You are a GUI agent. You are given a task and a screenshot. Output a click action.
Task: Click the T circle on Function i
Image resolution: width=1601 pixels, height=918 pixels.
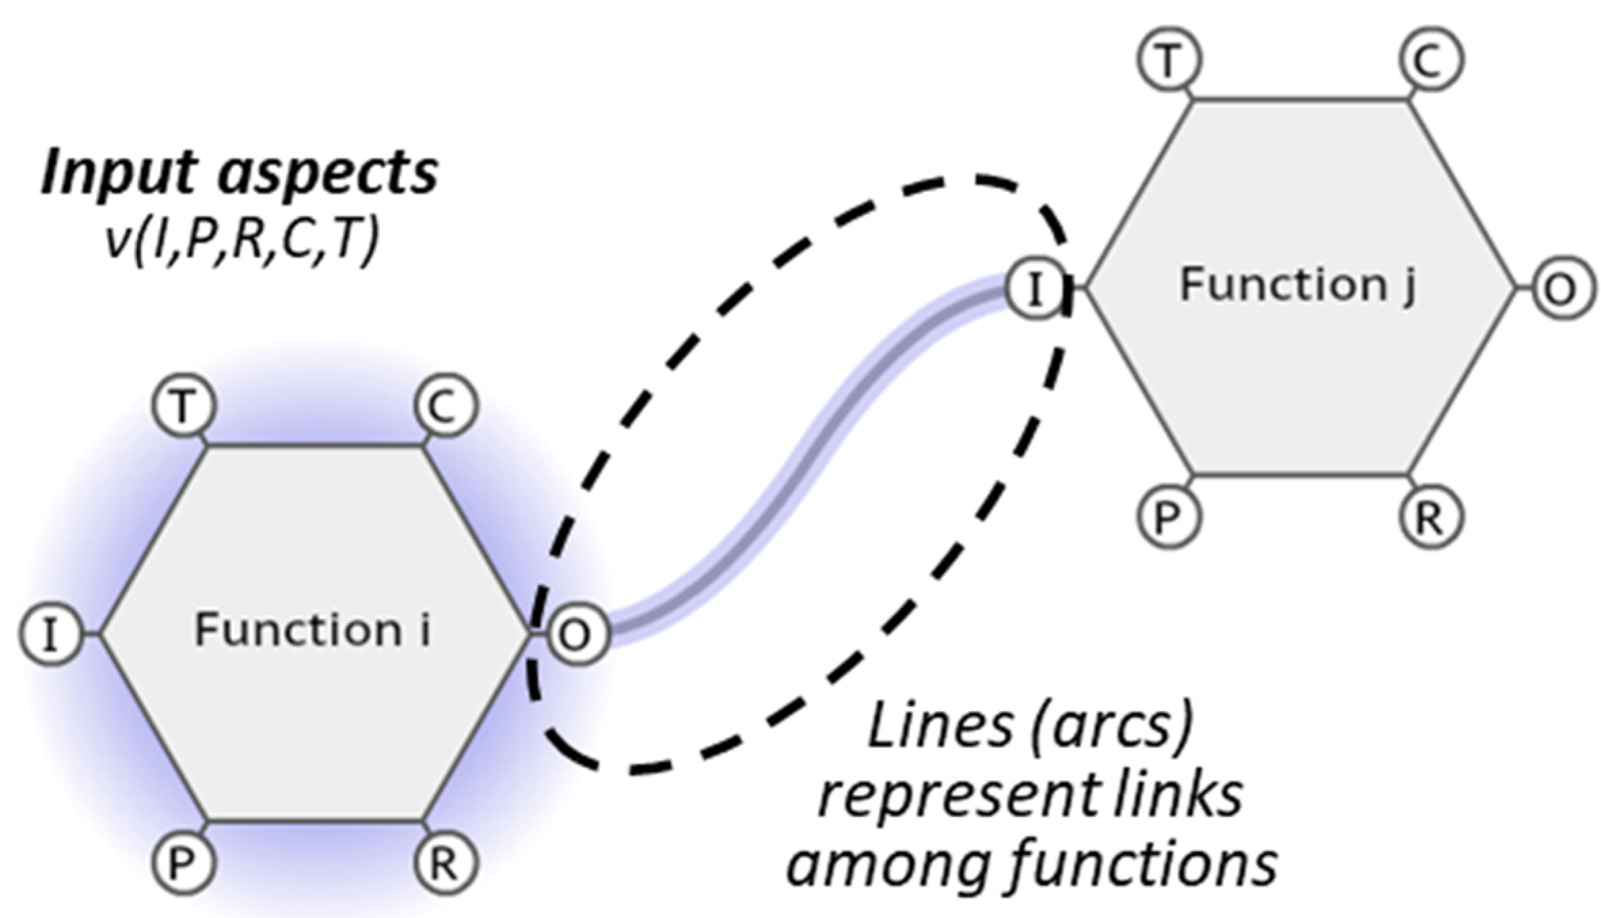[182, 408]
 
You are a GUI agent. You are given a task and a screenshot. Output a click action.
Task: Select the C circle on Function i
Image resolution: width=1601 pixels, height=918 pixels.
[444, 408]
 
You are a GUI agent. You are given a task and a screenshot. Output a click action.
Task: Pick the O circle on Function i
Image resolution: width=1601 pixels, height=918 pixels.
[576, 635]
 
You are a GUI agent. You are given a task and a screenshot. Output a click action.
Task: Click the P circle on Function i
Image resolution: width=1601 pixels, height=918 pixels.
[182, 862]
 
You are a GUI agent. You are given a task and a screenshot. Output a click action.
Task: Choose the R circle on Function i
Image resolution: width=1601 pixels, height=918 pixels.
[444, 862]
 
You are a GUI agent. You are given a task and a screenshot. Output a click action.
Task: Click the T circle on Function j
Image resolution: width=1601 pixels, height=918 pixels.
[1168, 60]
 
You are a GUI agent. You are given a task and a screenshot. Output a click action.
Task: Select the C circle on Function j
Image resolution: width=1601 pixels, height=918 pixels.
[1430, 60]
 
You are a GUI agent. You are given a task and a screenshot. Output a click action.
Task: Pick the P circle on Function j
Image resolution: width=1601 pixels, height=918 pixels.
[1168, 517]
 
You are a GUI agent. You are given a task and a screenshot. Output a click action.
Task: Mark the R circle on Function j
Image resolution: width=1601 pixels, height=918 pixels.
[1430, 517]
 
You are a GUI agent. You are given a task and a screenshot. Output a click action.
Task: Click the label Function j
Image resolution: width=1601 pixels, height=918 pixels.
[1297, 285]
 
